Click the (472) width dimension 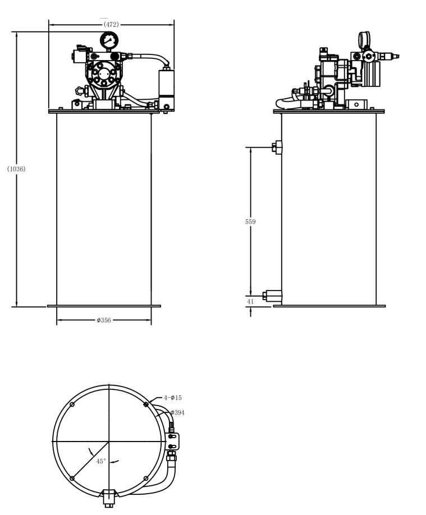pos(109,25)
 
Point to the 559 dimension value pos(250,222)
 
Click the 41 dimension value pos(250,301)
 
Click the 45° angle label pos(101,461)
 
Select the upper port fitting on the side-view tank pos(277,147)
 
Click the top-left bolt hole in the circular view pos(72,405)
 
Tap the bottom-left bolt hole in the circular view pos(72,478)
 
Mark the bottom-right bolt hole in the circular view pos(146,478)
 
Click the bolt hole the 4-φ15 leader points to pos(146,404)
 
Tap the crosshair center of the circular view pos(109,442)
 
